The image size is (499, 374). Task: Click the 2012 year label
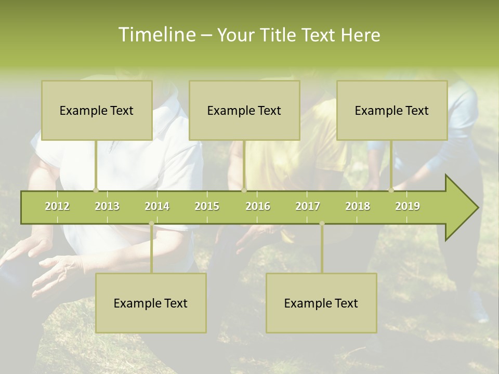coord(57,206)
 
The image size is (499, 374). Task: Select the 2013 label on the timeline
coord(107,206)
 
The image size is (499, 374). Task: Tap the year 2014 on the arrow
coord(157,206)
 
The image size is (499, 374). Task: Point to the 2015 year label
coord(207,206)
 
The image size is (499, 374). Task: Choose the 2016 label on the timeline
coord(258,206)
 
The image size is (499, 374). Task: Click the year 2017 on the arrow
coord(308,206)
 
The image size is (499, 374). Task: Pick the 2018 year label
coord(358,206)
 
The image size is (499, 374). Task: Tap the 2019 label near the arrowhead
coord(408,206)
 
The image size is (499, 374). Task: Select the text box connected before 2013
coord(97,110)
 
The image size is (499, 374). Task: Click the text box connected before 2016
coord(244,110)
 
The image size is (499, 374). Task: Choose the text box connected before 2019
coord(392,110)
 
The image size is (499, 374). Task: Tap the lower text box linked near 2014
coord(151,303)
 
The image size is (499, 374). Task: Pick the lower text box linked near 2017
coord(321,303)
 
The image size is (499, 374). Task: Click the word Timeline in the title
coord(156,35)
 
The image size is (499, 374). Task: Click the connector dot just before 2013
coord(96,190)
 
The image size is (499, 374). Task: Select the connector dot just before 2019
coord(391,190)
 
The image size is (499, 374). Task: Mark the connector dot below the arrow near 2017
coord(322,223)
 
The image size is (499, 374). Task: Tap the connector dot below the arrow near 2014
coord(151,223)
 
